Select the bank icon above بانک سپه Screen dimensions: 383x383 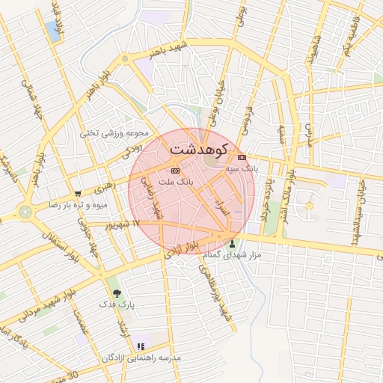(242, 158)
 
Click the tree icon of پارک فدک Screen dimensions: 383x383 (115, 293)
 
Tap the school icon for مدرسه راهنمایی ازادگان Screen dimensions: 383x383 (140, 346)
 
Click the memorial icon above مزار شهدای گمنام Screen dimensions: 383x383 (232, 243)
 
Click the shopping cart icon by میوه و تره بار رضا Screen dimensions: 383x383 (78, 193)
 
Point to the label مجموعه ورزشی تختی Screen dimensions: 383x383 (110, 133)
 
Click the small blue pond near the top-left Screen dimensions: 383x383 (53, 31)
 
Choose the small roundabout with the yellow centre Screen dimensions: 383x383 (308, 206)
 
